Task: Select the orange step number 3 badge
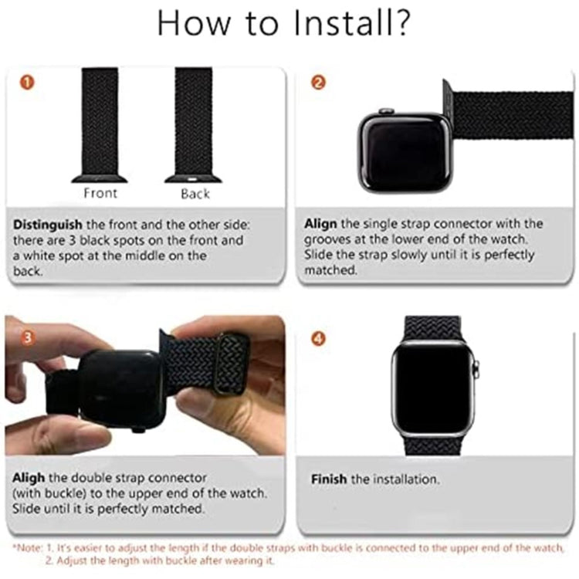27,337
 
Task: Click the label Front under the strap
100,193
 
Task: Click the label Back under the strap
195,193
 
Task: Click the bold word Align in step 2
320,224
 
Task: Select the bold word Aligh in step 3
30,478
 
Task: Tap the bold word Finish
329,479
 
